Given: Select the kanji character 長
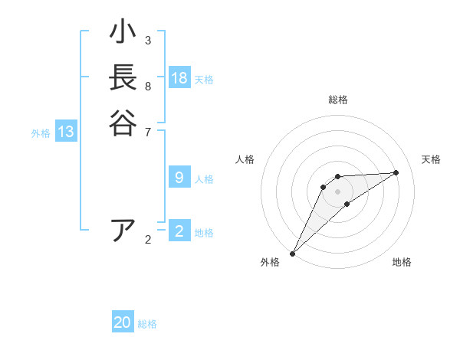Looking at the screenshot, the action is (123, 77).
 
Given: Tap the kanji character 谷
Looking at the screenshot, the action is (123, 123).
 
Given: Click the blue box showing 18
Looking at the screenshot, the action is (179, 78).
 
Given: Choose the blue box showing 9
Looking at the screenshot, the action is (179, 178).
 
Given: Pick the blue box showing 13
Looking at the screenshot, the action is (66, 132).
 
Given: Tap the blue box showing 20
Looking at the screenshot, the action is (123, 322).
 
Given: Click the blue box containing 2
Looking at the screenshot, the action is (179, 231).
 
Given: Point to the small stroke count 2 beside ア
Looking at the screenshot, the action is (148, 240).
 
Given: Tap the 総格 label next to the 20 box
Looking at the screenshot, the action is (147, 324).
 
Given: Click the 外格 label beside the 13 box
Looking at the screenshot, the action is (41, 133).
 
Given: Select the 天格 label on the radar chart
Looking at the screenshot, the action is (431, 159).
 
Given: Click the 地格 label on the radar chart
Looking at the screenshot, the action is (402, 262).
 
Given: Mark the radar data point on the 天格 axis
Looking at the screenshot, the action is (396, 172).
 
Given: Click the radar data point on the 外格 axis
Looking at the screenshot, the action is (292, 253).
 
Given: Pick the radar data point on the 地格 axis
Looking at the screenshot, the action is (347, 204).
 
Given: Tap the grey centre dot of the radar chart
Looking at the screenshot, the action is (337, 191).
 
